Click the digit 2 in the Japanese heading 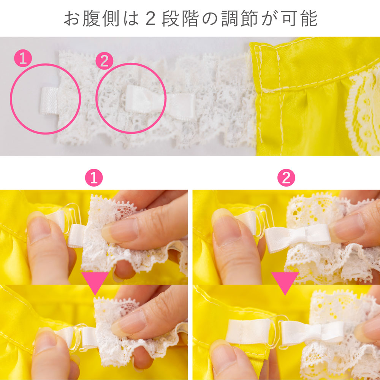coord(150,19)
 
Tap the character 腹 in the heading coord(91,18)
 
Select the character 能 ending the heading coord(309,18)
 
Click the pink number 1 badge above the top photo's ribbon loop coord(23,58)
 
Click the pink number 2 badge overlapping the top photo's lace coord(104,60)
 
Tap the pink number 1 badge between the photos coord(94,177)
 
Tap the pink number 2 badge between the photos coord(286,177)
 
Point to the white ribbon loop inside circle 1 coord(49,101)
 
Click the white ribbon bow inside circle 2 coord(160,102)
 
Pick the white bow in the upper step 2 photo coord(298,237)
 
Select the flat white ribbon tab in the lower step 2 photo coord(249,331)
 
